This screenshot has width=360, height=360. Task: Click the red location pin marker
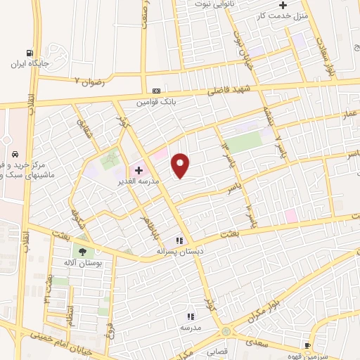coord(181,165)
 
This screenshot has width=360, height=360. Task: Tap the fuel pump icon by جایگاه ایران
coord(29,53)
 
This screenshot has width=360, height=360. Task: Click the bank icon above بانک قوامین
coord(155,91)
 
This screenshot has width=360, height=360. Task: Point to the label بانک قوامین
coord(155,102)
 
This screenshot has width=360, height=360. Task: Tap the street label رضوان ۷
coord(89,81)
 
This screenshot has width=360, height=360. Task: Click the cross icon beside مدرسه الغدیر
coord(139,169)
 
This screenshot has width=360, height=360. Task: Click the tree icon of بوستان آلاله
coord(84,251)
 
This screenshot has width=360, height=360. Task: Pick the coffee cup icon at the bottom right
coord(307,345)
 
